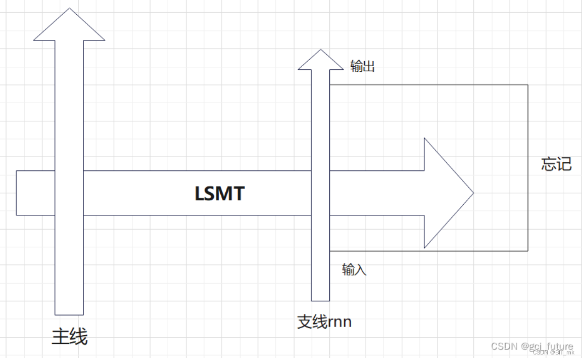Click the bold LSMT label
point(219,194)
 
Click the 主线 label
point(70,337)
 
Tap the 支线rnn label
point(324,322)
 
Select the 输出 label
point(363,66)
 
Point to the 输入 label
point(354,269)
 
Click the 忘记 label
point(556,164)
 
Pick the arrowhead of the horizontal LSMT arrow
point(447,193)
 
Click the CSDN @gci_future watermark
point(532,346)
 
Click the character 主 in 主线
point(61,337)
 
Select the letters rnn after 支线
point(339,322)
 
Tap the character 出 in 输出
point(369,66)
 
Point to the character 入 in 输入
point(360,269)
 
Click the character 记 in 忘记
point(564,164)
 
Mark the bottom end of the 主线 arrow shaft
point(69,313)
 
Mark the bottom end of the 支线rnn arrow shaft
point(320,299)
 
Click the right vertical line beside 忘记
point(528,202)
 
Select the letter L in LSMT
point(200,194)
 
